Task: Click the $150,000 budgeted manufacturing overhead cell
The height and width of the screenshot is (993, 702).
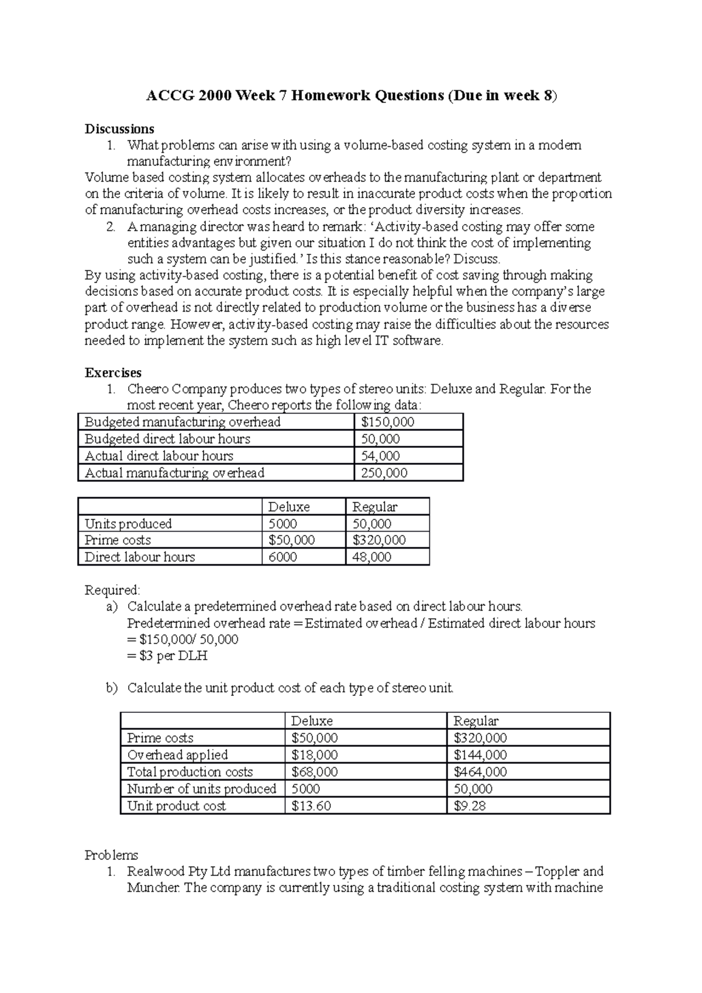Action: coord(387,422)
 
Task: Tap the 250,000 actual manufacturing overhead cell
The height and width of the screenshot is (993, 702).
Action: coord(384,473)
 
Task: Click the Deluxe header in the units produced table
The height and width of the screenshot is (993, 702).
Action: coord(288,507)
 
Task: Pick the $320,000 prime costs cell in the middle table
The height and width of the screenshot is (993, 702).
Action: coord(378,540)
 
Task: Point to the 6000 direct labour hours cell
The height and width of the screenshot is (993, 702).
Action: coord(283,557)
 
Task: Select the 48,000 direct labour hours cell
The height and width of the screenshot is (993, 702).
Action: coord(371,557)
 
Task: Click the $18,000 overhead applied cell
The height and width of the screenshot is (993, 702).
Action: coord(314,755)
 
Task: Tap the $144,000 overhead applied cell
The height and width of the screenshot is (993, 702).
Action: coord(480,755)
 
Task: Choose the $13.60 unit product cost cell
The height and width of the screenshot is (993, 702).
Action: coord(311,806)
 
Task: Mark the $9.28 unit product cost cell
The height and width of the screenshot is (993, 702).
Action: coord(469,806)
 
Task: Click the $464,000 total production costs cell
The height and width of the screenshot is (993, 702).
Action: coord(480,772)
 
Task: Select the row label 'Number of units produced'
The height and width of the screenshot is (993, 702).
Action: coord(201,789)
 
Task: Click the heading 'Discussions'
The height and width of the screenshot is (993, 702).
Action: coord(119,129)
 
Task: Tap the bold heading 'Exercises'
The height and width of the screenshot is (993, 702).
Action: coord(113,373)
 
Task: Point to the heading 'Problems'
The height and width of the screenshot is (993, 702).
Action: coord(111,855)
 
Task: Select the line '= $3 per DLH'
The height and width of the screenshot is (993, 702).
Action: coord(167,656)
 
